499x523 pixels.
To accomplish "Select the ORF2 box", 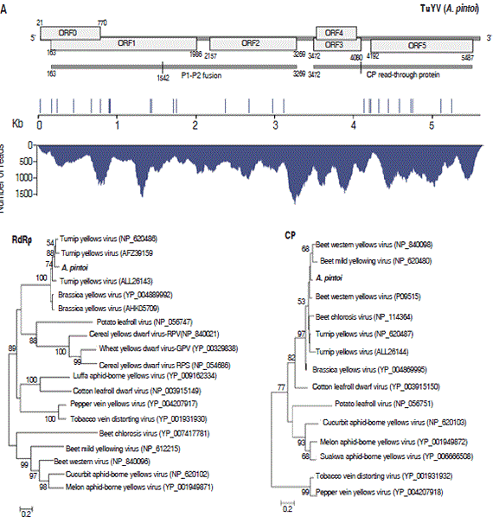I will [x=251, y=42].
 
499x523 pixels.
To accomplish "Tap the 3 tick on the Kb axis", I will [x=275, y=124].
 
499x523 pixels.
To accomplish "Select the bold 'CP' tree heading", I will [x=291, y=233].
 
